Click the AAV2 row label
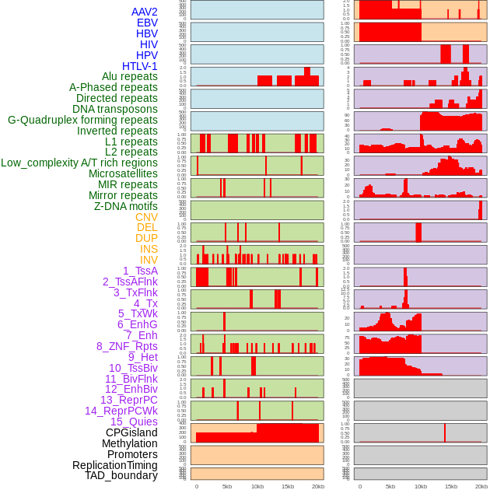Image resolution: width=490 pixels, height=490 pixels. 144,12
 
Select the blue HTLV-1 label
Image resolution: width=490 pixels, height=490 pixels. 139,66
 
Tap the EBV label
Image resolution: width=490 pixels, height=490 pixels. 146,23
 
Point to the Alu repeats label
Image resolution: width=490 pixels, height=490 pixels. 124,77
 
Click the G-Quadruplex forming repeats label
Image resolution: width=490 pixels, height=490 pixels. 82,120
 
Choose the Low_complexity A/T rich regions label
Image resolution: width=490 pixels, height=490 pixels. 79,163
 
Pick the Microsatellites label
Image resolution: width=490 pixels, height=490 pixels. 123,173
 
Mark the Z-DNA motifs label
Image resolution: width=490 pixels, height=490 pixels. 125,206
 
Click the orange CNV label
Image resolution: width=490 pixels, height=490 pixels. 146,217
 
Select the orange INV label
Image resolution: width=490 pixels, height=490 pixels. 149,260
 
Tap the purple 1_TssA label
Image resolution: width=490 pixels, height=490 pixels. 140,271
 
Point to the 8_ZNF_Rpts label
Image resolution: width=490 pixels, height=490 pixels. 127,346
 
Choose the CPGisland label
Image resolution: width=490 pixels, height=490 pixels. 131,432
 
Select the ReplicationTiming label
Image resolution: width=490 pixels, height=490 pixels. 114,465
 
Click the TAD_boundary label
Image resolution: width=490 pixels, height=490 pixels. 121,475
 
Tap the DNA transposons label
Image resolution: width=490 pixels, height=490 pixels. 115,109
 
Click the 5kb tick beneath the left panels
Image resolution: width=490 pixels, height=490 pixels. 227,486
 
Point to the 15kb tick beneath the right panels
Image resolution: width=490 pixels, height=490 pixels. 451,486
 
